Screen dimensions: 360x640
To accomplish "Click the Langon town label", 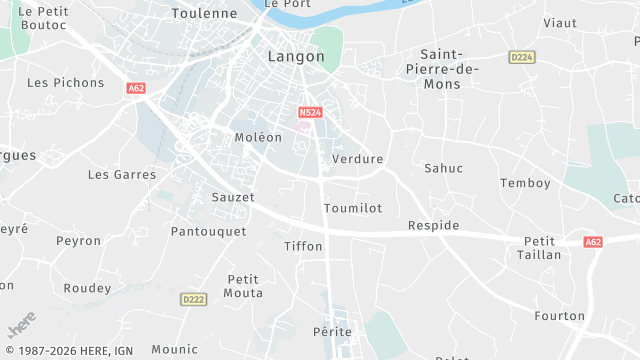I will click(296, 57).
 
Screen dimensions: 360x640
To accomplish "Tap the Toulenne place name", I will click(204, 14).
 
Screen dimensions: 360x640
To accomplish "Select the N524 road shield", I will click(309, 113).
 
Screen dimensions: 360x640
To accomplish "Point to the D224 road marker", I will click(522, 57).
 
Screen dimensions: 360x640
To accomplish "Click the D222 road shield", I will click(194, 299).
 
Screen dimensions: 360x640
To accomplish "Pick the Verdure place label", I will click(357, 159).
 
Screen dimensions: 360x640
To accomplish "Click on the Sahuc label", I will click(444, 168).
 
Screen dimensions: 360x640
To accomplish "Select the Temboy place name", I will click(525, 183).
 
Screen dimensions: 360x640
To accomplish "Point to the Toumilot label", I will click(353, 208).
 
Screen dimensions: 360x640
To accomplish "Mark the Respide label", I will click(434, 225).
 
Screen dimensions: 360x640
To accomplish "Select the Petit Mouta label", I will click(244, 286).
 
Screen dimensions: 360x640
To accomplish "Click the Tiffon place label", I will click(303, 246).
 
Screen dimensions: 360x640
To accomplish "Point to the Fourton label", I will click(560, 316).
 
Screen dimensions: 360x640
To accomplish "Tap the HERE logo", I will click(22, 327).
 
